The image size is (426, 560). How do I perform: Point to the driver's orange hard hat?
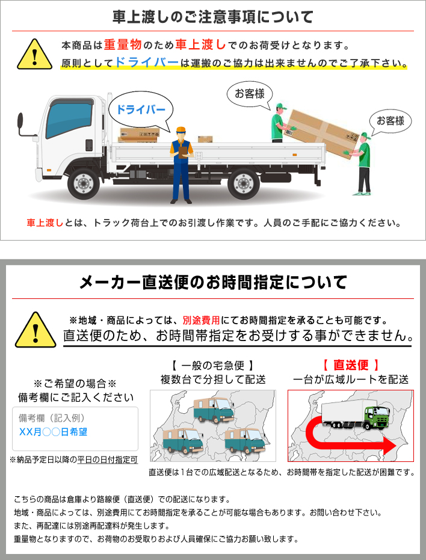coord(180,130)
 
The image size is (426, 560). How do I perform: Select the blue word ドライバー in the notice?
coord(146,63)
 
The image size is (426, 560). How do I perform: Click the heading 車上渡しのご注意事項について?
coord(212,16)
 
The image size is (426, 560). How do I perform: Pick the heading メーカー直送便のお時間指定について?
coord(214,282)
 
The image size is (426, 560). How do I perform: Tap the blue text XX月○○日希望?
coord(53,432)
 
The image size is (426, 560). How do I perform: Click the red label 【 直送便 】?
coord(350,365)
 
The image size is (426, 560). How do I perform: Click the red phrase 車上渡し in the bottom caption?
coord(45,223)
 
